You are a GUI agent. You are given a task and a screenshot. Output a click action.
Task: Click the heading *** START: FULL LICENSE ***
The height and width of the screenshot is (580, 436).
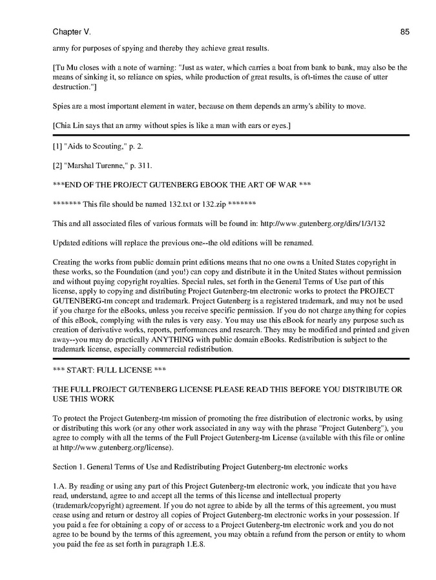tap(103, 370)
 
